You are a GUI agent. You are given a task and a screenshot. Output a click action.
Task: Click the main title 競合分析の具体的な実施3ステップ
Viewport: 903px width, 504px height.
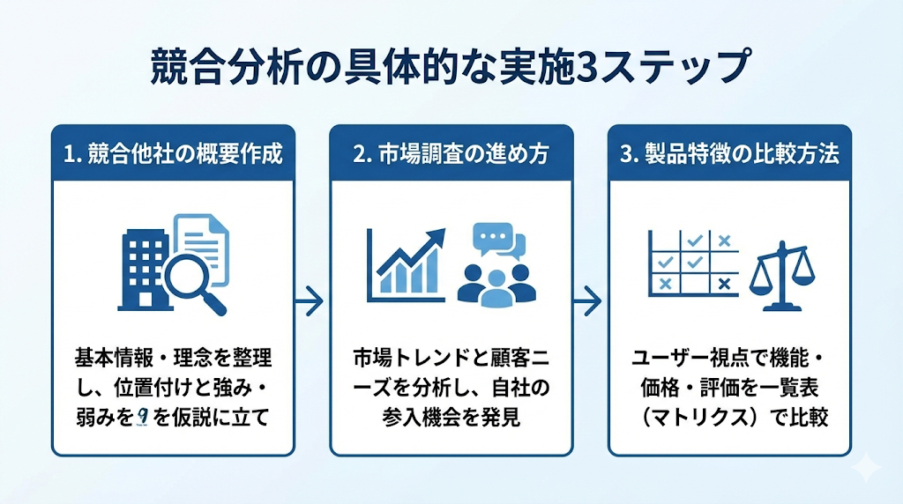[451, 69]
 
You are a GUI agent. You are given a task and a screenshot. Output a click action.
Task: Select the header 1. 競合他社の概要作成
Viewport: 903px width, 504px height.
[173, 153]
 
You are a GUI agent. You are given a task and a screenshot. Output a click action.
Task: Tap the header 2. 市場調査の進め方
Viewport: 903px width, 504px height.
[451, 153]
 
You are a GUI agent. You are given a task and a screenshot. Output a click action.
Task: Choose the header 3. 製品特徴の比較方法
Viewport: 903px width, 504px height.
[729, 153]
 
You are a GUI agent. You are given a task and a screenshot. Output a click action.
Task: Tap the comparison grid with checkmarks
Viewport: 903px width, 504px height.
[692, 261]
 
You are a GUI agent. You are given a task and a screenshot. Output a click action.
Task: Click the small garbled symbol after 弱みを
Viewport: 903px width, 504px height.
[141, 416]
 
